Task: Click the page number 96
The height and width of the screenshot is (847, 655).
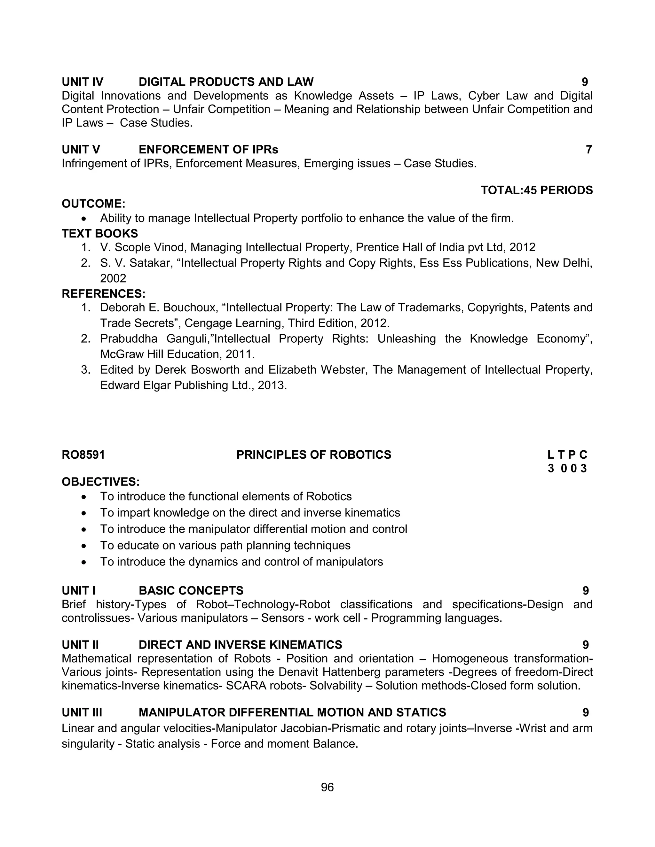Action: (x=327, y=787)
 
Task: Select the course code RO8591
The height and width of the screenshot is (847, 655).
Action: (x=83, y=455)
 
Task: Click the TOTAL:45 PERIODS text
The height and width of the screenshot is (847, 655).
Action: (x=536, y=190)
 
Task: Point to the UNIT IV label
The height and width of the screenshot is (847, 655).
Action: (x=82, y=82)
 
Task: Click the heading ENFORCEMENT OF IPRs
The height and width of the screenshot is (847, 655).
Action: (x=209, y=150)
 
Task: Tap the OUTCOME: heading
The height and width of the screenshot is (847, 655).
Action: (x=93, y=204)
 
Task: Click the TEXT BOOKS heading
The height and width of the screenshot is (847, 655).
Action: (x=100, y=233)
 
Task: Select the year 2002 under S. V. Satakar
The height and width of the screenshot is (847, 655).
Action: (x=113, y=278)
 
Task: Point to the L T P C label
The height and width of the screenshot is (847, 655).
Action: (x=567, y=455)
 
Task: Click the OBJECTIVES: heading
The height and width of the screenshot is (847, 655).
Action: (x=100, y=482)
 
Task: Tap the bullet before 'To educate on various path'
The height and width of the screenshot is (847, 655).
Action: (x=84, y=546)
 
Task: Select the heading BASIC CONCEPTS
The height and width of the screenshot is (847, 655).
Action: (x=191, y=591)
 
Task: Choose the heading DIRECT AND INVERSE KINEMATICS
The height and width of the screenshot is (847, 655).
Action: (x=240, y=645)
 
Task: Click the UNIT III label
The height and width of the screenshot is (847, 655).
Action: (x=82, y=712)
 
